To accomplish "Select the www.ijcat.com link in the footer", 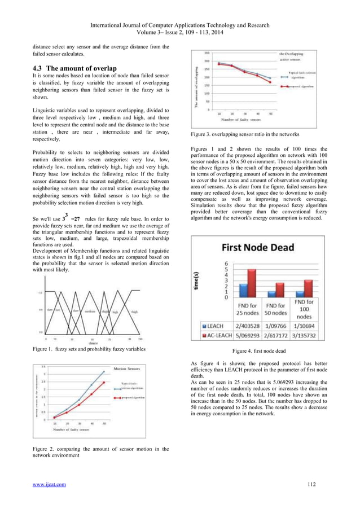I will pyautogui.click(x=49, y=484).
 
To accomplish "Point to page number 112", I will pyautogui.click(x=311, y=484).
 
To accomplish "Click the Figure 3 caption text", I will pyautogui.click(x=243, y=135).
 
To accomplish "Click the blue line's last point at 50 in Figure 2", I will pyautogui.click(x=103, y=372).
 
